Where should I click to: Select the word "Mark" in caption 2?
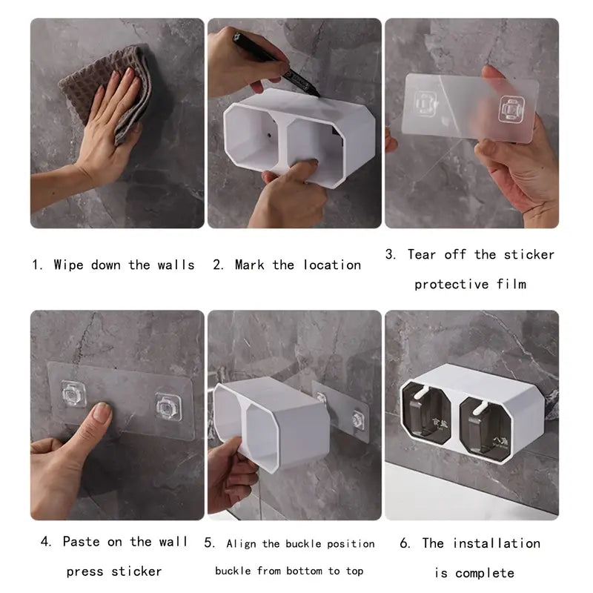pyautogui.click(x=250, y=265)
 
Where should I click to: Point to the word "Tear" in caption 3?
pyautogui.click(x=423, y=254)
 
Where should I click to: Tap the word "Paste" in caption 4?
pyautogui.click(x=81, y=542)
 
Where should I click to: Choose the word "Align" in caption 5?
pyautogui.click(x=242, y=544)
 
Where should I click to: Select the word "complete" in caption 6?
pyautogui.click(x=485, y=573)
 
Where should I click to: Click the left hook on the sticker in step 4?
pyautogui.click(x=73, y=394)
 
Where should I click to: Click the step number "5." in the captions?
pyautogui.click(x=209, y=544)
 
